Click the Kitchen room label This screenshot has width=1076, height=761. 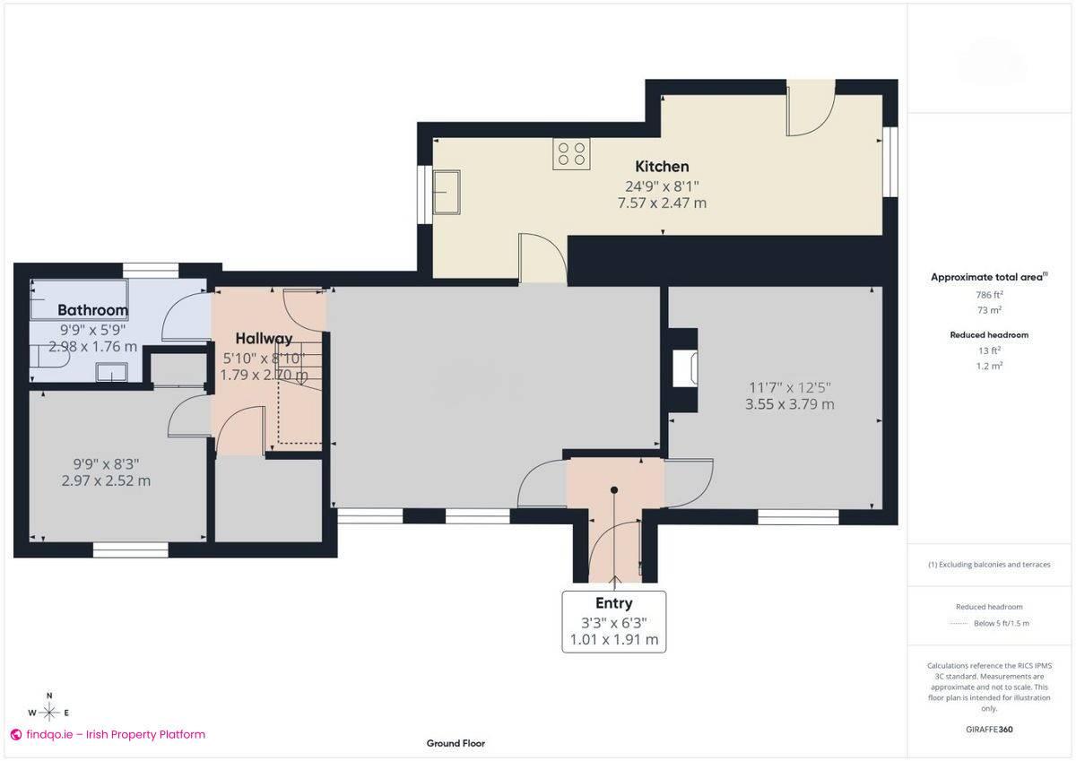[x=662, y=166]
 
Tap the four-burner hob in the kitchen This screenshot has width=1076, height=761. [x=572, y=154]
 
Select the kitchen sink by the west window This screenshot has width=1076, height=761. [x=446, y=194]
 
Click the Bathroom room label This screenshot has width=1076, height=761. [x=92, y=310]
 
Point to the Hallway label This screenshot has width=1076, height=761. [x=264, y=339]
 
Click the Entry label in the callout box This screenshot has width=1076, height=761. [x=613, y=603]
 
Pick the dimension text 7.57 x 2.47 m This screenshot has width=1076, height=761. [x=662, y=203]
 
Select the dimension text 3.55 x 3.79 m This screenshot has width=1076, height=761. [x=789, y=404]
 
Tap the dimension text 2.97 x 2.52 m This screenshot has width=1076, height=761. [x=106, y=480]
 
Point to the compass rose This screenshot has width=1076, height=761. [x=49, y=713]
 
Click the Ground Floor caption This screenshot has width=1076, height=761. [x=456, y=743]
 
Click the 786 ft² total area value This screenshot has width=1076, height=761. [x=989, y=294]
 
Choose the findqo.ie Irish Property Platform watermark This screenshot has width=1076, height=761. [x=108, y=734]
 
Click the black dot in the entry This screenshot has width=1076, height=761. [x=614, y=489]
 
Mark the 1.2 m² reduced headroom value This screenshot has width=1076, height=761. [x=989, y=366]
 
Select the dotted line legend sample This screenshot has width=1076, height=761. [x=960, y=623]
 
